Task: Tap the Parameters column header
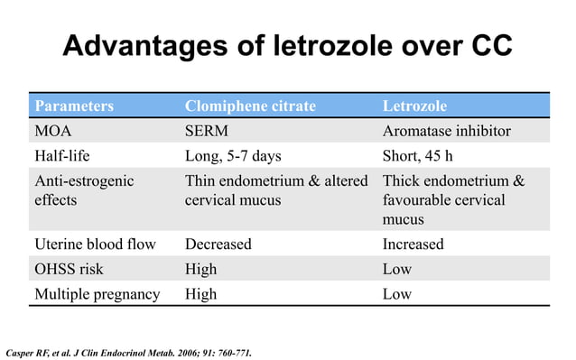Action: click(74, 106)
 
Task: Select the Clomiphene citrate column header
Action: click(250, 106)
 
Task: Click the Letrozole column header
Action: click(415, 106)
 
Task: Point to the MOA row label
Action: click(53, 132)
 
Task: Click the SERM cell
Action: click(209, 132)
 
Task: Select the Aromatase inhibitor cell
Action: click(447, 132)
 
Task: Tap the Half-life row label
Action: click(62, 156)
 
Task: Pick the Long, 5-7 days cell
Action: click(233, 156)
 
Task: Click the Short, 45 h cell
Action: click(424, 156)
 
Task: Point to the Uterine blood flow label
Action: click(95, 244)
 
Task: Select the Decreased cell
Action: click(218, 244)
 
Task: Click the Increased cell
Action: click(413, 244)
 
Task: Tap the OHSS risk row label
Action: click(71, 269)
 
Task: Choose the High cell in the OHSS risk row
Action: click(201, 269)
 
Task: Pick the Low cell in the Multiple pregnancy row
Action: click(397, 293)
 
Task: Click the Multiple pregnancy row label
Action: click(98, 293)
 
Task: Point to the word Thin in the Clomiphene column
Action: click(201, 181)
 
